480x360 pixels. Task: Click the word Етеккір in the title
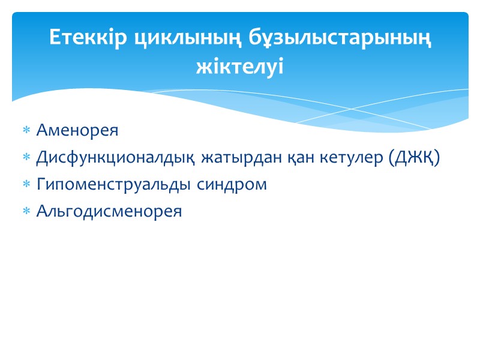click(x=88, y=38)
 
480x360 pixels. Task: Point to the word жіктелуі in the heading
click(x=239, y=65)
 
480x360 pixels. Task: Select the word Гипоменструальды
click(x=114, y=185)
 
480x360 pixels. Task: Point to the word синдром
click(x=232, y=185)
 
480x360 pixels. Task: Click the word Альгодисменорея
click(x=109, y=212)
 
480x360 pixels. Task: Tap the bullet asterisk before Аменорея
click(x=26, y=131)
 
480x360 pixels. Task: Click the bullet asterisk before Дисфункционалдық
click(x=26, y=158)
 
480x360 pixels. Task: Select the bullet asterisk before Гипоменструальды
click(x=26, y=185)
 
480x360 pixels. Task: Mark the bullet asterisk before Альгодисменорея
click(x=26, y=212)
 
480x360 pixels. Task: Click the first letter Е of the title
click(x=55, y=38)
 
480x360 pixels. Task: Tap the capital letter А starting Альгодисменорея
click(x=41, y=212)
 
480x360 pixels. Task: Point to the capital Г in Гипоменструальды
click(x=41, y=185)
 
